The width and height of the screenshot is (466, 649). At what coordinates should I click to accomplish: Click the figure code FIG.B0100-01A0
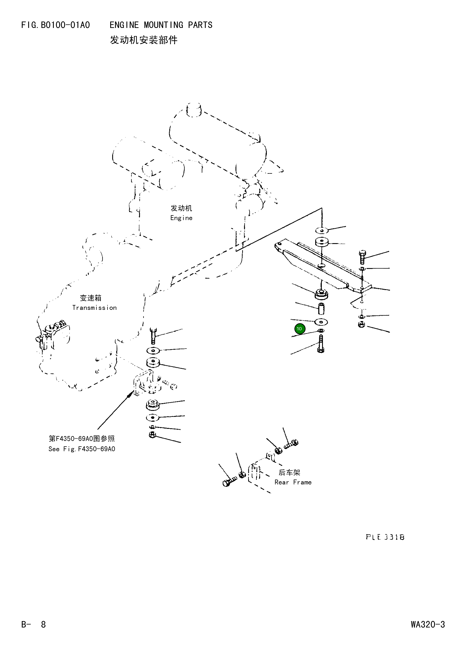point(56,25)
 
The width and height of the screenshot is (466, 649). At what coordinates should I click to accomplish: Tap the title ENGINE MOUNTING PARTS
point(161,25)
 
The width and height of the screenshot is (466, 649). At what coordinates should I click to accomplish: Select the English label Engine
point(181,218)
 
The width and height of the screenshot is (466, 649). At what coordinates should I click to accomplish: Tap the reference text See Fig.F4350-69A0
point(82,449)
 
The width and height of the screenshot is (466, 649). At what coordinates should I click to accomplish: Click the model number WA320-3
point(428,624)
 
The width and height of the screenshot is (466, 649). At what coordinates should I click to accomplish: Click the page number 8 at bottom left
point(43,624)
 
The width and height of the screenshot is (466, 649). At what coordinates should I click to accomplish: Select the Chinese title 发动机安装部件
point(144,40)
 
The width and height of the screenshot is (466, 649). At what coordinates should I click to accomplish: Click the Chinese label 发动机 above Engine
point(181,208)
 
